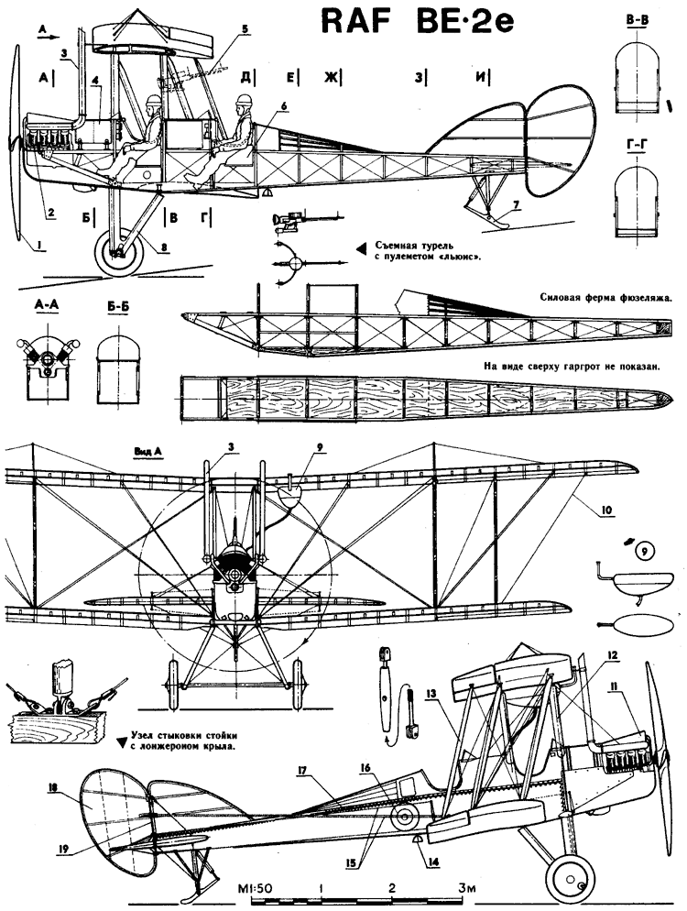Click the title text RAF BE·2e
tap(417, 22)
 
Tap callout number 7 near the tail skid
tap(517, 204)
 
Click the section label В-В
tap(637, 21)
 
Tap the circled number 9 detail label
tap(643, 549)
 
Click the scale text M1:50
tap(251, 888)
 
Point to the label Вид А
tap(147, 452)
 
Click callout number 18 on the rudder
tap(53, 788)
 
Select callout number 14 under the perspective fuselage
tap(433, 862)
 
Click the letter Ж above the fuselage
tap(329, 78)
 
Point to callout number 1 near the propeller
tap(39, 247)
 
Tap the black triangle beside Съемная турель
tap(361, 248)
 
